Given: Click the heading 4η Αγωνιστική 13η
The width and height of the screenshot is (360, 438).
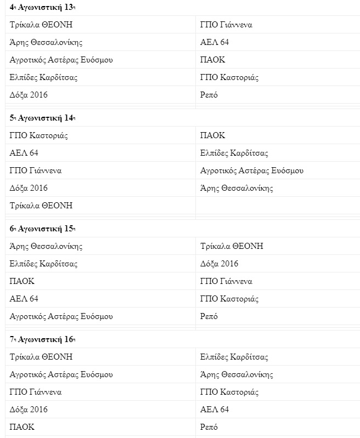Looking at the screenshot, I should (42, 7).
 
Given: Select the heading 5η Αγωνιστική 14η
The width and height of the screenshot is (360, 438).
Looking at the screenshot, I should (42, 118).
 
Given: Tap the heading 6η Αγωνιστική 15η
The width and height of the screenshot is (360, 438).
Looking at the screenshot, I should (42, 229).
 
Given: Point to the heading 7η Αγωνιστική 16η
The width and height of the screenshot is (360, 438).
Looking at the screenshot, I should (42, 339).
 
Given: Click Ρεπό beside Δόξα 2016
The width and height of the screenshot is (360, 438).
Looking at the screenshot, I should (209, 95).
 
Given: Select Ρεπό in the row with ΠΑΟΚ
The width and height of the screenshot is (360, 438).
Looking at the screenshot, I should (209, 427).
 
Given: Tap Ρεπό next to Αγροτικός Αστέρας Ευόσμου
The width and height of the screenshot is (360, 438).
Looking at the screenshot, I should (209, 316).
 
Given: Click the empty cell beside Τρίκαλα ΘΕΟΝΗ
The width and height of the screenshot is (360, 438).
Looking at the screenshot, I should (277, 206).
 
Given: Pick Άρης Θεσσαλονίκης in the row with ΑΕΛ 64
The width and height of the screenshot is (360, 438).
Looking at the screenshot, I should (46, 42).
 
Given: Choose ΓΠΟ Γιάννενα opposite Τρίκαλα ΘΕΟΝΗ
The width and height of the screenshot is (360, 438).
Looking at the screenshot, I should (226, 25).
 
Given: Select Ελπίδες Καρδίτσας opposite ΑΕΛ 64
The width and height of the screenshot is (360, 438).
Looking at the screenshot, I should (234, 153).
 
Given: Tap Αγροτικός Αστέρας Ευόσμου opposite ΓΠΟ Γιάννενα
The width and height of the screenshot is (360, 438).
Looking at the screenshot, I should (252, 170).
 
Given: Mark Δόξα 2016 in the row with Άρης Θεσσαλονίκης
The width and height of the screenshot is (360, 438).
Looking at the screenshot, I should (29, 188).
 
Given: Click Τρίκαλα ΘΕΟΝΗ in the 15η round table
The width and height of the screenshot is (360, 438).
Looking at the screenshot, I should (232, 246).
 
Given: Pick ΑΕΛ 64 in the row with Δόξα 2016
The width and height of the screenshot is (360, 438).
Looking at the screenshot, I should (215, 409).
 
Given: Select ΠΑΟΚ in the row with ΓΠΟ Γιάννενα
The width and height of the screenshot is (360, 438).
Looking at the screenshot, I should (22, 281).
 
